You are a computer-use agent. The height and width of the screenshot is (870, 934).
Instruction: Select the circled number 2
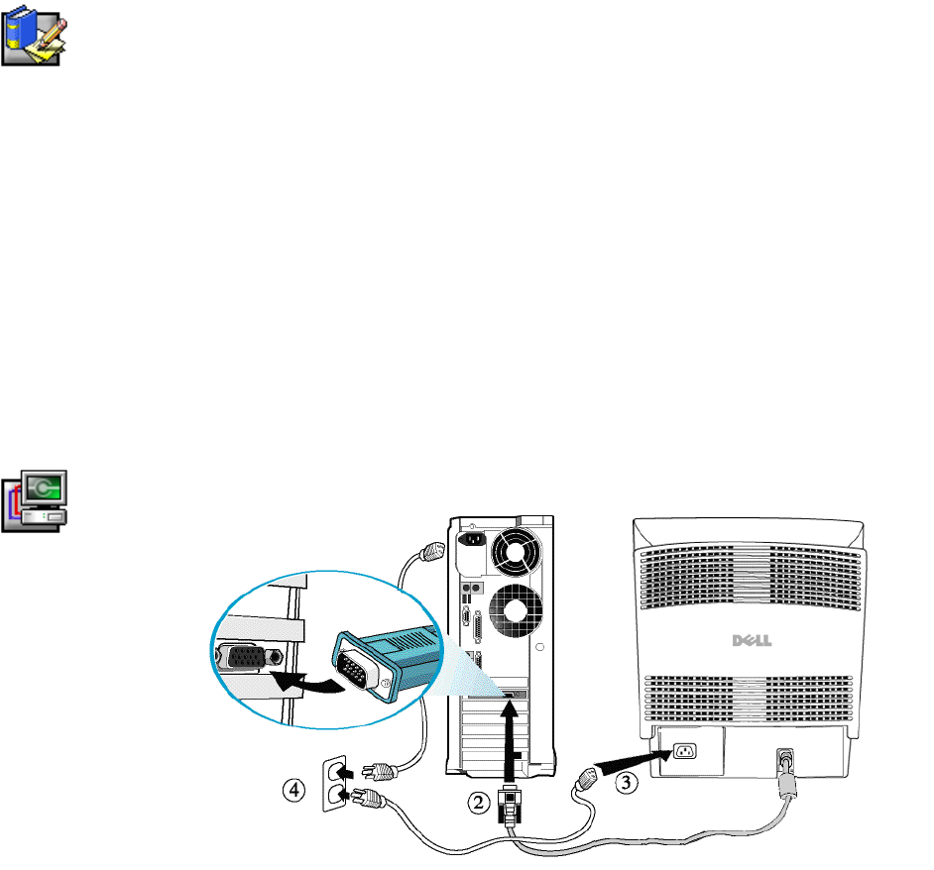[480, 805]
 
